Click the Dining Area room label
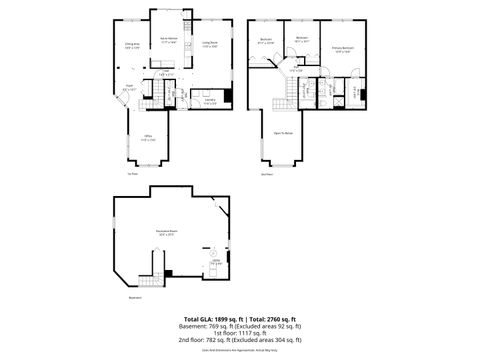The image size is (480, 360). click(131, 45)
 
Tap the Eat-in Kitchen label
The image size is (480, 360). click(168, 41)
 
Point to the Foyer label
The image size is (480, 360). click(130, 87)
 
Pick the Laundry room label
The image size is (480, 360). click(210, 100)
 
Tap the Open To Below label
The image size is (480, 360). click(284, 133)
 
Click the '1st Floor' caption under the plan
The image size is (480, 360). click(131, 173)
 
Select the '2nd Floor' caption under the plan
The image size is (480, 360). click(266, 173)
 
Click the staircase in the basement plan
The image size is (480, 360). click(158, 268)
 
